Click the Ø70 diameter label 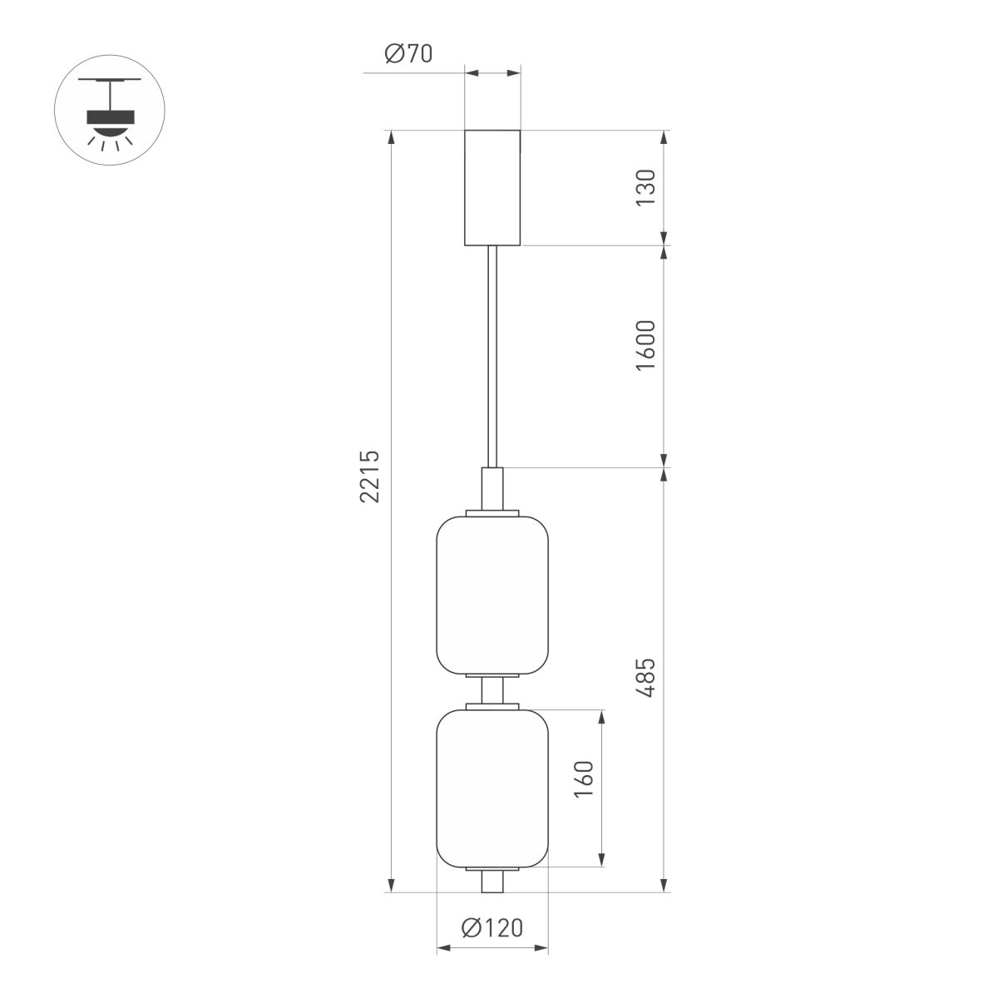[408, 55]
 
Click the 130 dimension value [647, 188]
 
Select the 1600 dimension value [647, 345]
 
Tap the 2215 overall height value [371, 477]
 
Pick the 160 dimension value [585, 780]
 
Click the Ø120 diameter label [492, 927]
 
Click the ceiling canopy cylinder [492, 187]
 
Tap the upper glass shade [492, 594]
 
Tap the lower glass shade [492, 787]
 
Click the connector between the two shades [492, 691]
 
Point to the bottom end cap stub [492, 882]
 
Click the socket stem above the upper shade [492, 489]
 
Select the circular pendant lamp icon [110, 109]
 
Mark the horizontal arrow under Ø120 [492, 948]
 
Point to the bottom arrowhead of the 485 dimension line [664, 886]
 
